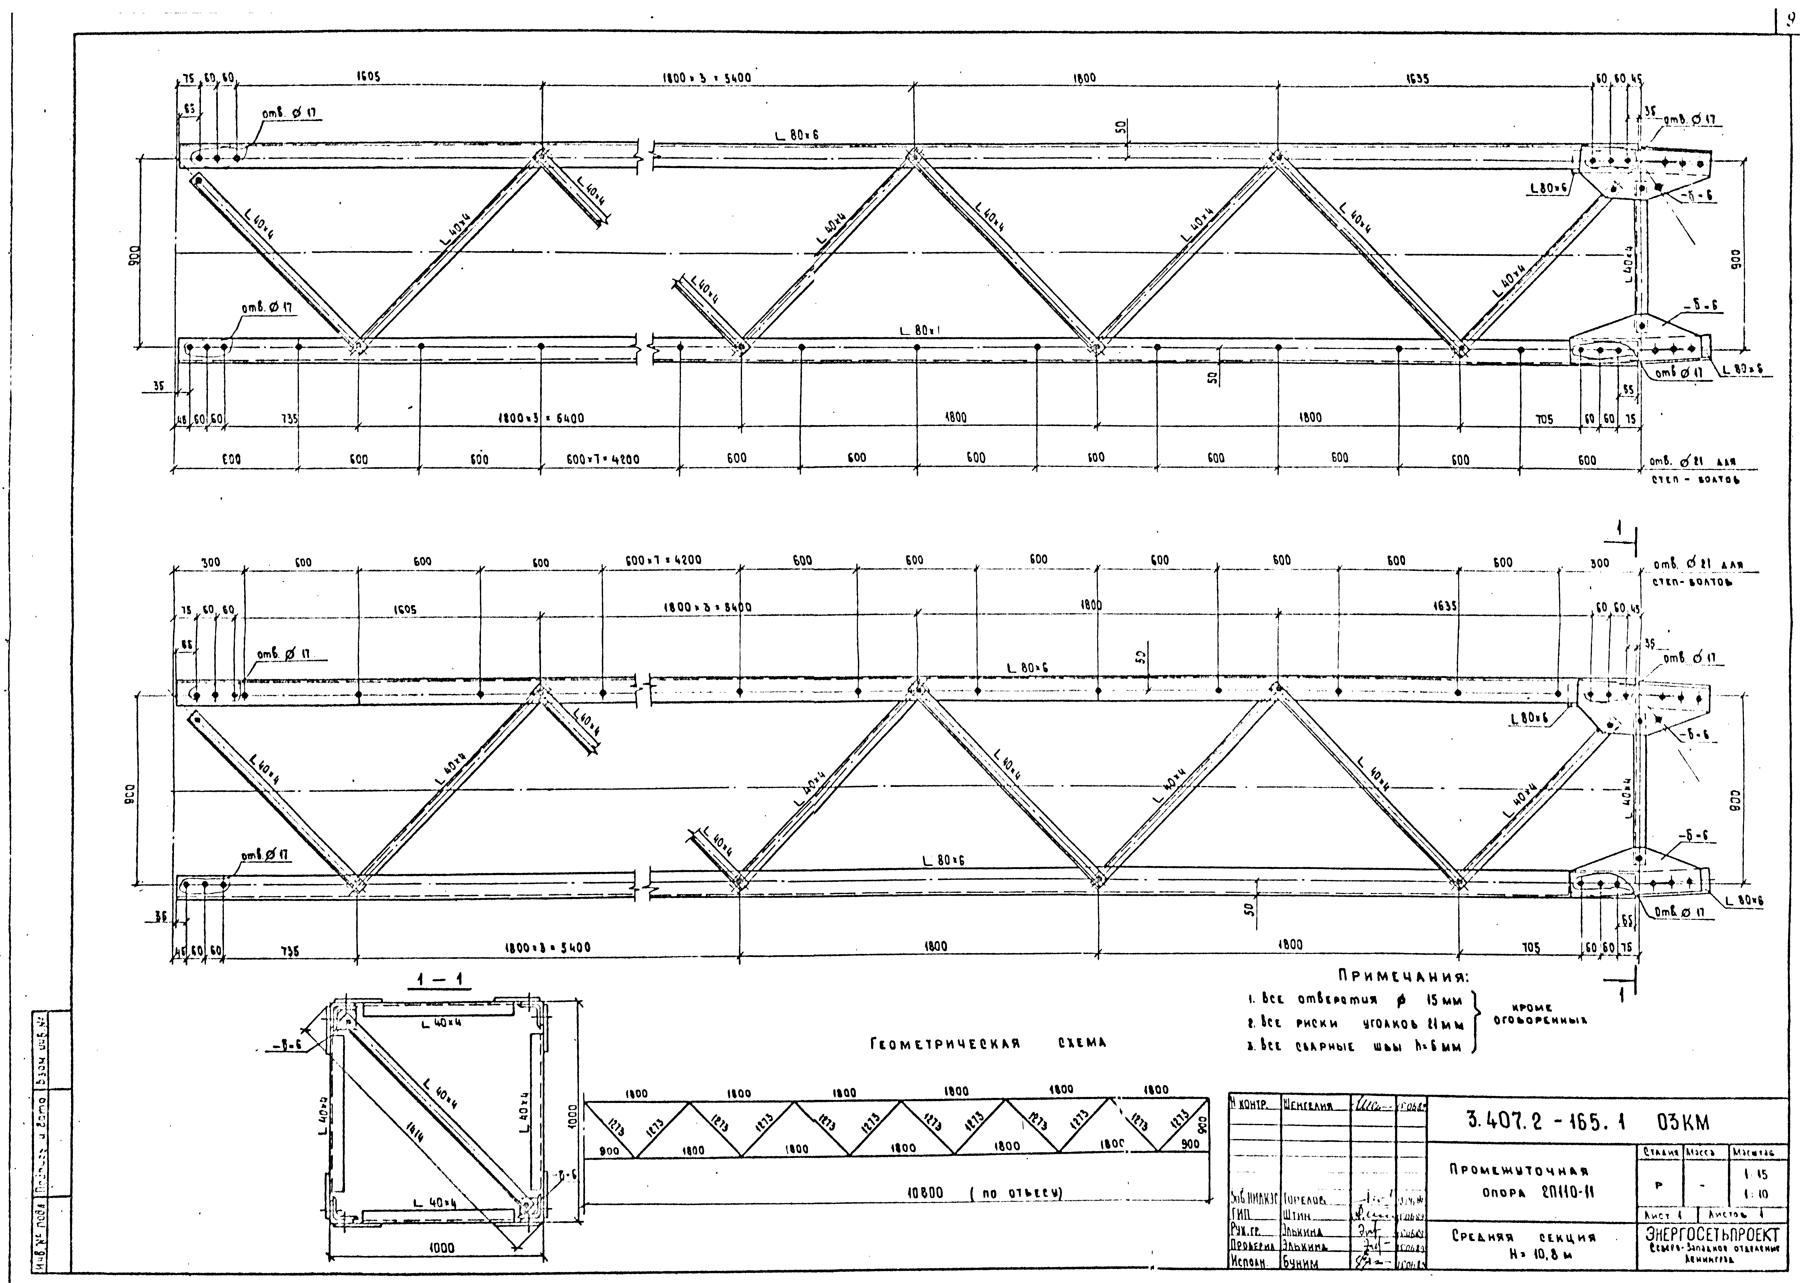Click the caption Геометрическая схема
(x=988, y=1044)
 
